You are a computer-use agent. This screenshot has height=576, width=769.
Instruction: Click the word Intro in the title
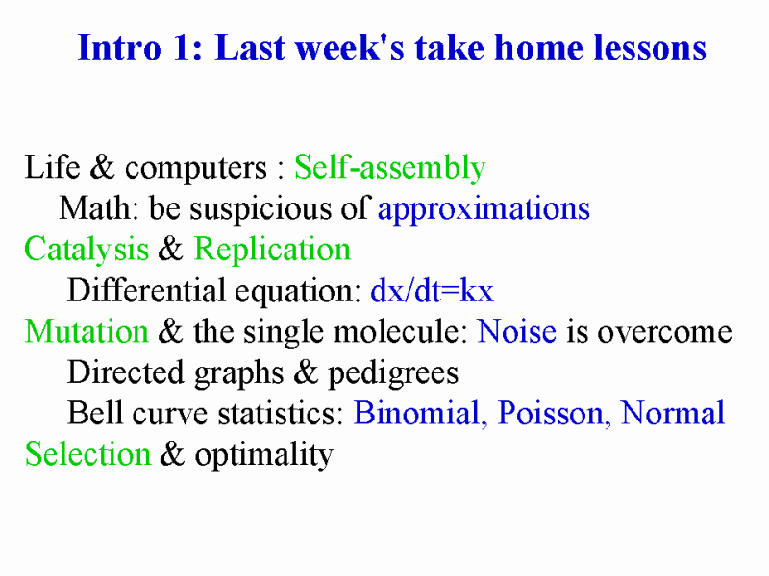(119, 47)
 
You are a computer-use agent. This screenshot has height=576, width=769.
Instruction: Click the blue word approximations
(484, 209)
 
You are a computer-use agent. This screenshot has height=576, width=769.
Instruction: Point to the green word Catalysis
(87, 250)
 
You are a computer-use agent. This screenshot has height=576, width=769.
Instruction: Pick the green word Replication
(272, 250)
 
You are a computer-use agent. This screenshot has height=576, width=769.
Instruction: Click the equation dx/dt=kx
(432, 291)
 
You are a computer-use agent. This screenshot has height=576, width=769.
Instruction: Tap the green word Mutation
(87, 331)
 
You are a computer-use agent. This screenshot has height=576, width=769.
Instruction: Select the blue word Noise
(517, 331)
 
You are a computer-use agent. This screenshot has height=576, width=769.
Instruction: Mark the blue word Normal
(672, 413)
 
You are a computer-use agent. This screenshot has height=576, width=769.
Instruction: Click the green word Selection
(87, 453)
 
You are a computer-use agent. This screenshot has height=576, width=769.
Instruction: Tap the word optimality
(263, 455)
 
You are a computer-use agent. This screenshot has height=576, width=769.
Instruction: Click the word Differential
(145, 290)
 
